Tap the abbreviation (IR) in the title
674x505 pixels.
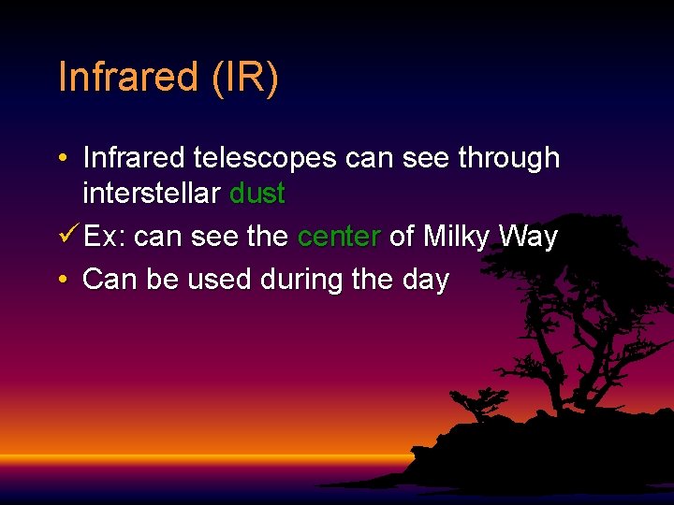click(x=244, y=78)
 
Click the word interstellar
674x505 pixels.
click(x=152, y=195)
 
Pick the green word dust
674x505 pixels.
click(x=256, y=195)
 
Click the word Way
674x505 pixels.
click(x=528, y=238)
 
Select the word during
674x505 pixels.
click(x=300, y=280)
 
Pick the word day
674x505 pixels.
click(x=424, y=280)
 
